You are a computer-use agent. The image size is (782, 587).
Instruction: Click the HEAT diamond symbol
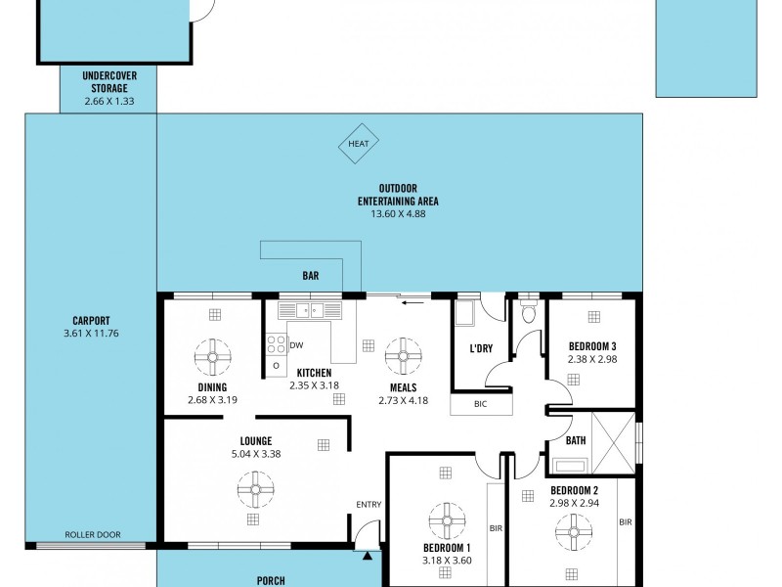tap(358, 144)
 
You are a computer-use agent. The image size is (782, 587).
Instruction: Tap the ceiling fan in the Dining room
tap(213, 357)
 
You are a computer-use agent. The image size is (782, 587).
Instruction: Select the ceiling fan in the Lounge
tap(256, 490)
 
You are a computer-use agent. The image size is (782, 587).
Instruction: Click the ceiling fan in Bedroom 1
tap(447, 521)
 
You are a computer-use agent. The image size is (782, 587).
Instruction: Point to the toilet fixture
tap(528, 310)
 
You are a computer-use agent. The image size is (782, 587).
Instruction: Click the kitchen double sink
tap(310, 310)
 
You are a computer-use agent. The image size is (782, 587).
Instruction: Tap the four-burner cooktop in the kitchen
tap(276, 344)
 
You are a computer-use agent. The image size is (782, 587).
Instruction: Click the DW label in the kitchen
tap(296, 345)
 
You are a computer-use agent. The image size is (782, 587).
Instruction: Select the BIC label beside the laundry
tap(480, 404)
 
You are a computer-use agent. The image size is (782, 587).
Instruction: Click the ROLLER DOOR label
tap(93, 534)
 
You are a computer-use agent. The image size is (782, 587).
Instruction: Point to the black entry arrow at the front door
tap(368, 556)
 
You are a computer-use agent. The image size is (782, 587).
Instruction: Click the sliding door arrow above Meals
tap(413, 302)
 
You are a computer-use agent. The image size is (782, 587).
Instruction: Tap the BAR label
tap(310, 276)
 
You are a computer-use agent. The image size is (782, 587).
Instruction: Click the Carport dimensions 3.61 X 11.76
tap(91, 334)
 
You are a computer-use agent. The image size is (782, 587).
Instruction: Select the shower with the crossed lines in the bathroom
tap(614, 443)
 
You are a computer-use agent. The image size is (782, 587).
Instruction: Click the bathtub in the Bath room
tap(570, 466)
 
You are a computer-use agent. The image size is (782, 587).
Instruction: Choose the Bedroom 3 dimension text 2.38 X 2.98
tap(592, 359)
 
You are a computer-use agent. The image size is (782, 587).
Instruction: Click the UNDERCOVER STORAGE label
tap(109, 82)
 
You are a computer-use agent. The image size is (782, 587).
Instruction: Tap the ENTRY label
tap(369, 505)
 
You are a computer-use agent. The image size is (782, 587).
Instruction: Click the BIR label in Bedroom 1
tap(496, 528)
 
